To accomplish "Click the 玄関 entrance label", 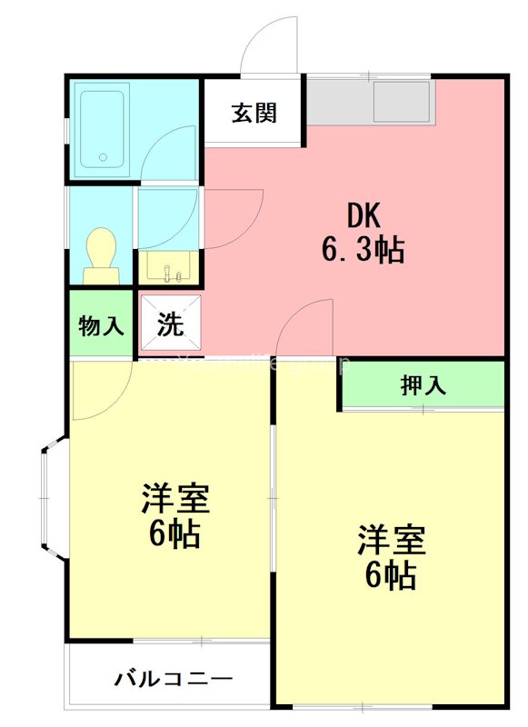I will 254,114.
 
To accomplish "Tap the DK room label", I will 363,216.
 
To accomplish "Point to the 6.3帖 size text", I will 363,249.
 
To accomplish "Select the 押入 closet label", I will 423,385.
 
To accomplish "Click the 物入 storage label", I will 100,326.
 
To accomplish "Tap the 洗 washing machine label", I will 170,324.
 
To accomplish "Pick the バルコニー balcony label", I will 174,679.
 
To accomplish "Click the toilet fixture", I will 99,255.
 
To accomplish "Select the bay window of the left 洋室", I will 52,500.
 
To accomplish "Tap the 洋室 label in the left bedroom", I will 175,498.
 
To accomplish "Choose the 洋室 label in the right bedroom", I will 391,541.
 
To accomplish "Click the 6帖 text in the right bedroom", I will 391,575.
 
